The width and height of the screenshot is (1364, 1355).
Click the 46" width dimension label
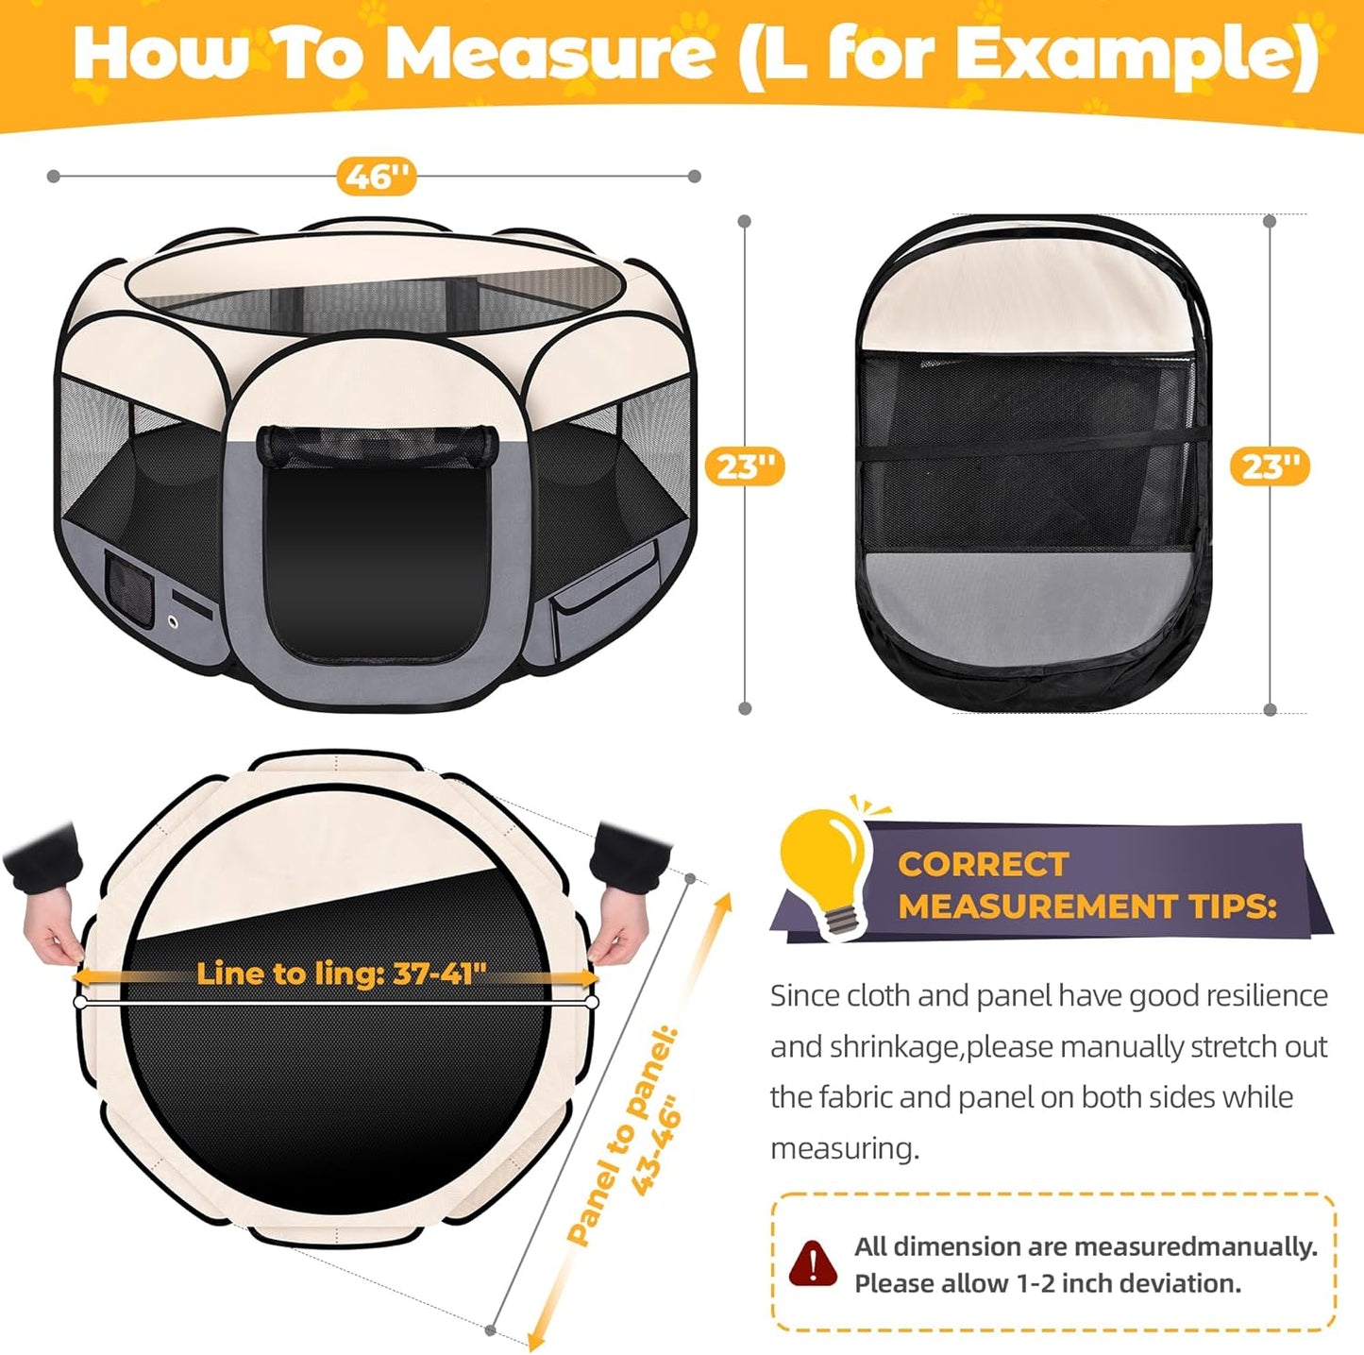(377, 177)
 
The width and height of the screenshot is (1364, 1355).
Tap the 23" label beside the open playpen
(745, 466)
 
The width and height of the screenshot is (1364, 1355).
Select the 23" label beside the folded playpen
(1270, 466)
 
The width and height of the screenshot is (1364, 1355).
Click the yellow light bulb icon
(823, 869)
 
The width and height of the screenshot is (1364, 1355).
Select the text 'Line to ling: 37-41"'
(341, 973)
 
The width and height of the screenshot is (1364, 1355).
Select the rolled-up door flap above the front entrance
(377, 445)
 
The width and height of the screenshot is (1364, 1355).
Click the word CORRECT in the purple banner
(983, 864)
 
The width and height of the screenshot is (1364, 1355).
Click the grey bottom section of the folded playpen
(1029, 600)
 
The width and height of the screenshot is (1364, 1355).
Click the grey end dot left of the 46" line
(54, 177)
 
